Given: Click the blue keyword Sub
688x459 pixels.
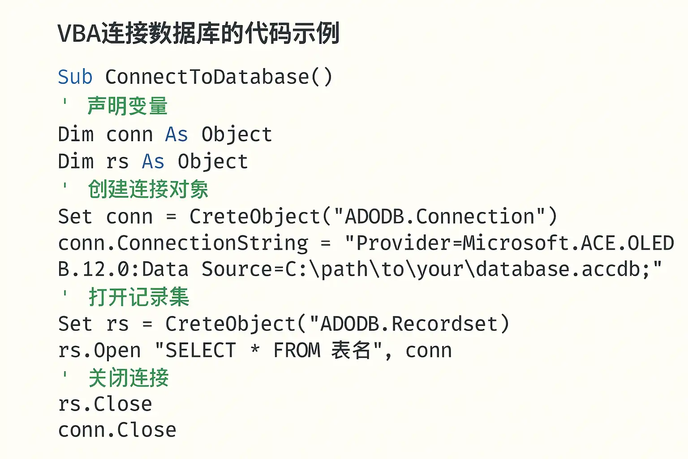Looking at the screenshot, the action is [75, 77].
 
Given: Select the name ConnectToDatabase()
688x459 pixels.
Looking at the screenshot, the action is [219, 77].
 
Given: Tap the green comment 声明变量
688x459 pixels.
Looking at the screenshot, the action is [127, 106].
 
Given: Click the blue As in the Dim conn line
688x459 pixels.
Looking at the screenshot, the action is [176, 134].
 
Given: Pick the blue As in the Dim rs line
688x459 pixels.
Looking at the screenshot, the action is [153, 162].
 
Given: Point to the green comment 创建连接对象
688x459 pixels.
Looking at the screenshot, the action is [148, 189].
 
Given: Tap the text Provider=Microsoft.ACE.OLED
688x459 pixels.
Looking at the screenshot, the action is [515, 243].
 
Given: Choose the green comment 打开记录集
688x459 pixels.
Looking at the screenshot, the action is [139, 297].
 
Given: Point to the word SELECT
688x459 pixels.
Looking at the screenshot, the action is [201, 351].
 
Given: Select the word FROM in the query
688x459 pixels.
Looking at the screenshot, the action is [297, 351].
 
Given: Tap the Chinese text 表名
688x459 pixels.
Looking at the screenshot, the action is [351, 351].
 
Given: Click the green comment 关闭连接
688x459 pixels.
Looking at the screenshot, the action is [129, 377].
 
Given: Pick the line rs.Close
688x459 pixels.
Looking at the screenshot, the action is [105, 404].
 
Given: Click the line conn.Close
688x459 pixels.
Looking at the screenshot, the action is [117, 430].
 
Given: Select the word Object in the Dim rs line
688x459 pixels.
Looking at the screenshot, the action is [213, 162].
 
